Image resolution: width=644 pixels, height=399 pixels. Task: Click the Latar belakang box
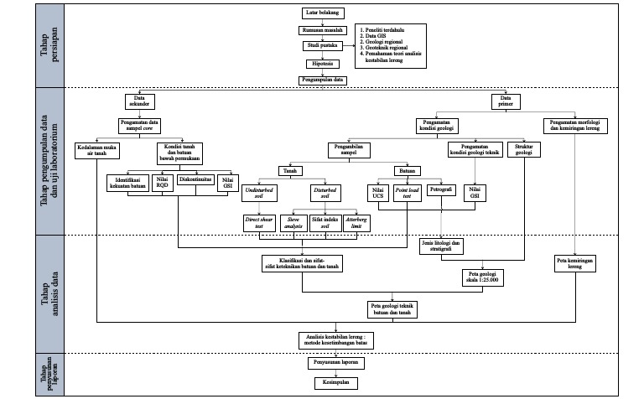click(x=323, y=13)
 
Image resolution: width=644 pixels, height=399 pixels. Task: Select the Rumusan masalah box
click(x=323, y=29)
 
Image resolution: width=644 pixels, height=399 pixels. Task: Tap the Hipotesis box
click(x=323, y=62)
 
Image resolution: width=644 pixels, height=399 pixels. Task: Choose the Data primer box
click(x=506, y=101)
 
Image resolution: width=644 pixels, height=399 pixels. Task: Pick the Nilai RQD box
click(x=164, y=184)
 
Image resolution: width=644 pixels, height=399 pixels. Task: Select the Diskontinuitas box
click(x=195, y=179)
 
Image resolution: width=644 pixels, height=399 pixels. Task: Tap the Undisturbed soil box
click(x=259, y=194)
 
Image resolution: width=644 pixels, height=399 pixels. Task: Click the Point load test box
click(x=408, y=193)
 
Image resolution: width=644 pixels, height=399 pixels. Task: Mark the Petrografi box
click(x=441, y=190)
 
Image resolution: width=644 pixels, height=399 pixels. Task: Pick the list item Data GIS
click(x=373, y=35)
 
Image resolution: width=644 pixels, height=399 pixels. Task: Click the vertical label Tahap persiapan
click(x=49, y=45)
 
